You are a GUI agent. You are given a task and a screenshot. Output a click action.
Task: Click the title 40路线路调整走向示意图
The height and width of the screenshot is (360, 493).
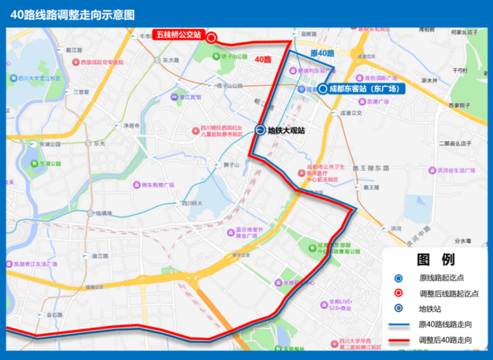(x=73, y=15)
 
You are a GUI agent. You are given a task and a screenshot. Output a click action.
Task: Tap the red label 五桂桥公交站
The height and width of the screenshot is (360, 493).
(x=178, y=35)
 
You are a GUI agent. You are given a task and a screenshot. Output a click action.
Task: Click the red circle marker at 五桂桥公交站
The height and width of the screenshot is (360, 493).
(x=211, y=38)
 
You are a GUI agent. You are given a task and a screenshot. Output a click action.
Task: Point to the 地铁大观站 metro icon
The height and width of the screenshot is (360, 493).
(x=260, y=130)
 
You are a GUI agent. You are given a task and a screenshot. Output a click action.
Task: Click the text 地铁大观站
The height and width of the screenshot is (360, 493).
(x=286, y=131)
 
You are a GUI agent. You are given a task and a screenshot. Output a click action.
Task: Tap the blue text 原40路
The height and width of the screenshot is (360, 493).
(x=322, y=53)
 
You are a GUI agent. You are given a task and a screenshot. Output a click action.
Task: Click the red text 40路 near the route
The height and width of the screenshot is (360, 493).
(x=263, y=60)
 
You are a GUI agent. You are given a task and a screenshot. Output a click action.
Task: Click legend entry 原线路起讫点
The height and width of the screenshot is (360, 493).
(x=441, y=277)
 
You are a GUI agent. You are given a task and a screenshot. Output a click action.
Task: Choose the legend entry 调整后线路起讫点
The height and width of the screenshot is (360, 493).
(x=449, y=293)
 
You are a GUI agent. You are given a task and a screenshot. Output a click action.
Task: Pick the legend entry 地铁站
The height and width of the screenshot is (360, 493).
(x=430, y=309)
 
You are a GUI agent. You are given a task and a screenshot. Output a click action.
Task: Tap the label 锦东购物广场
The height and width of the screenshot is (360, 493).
(x=157, y=185)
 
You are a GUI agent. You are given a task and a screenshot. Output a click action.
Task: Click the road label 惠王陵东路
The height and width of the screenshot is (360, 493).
(x=371, y=168)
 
